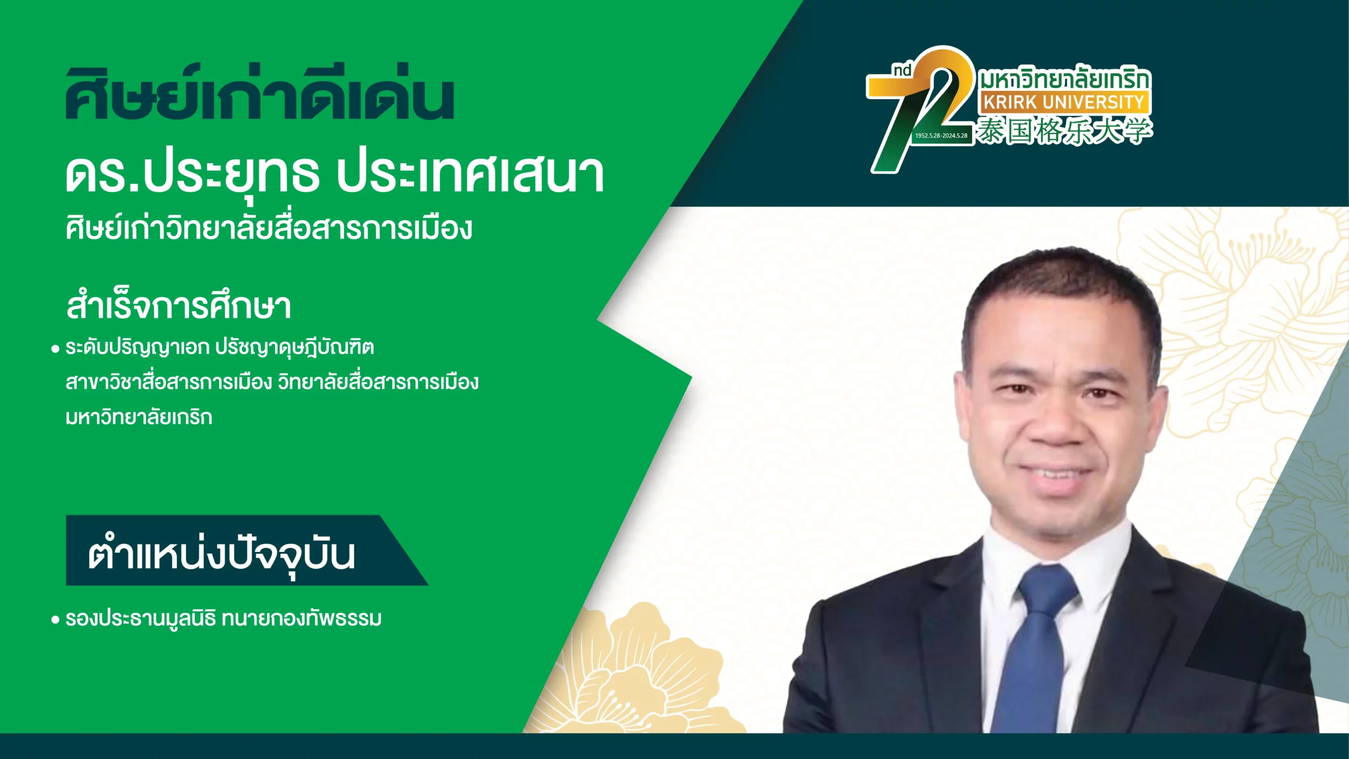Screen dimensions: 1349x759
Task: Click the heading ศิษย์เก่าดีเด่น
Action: point(259,94)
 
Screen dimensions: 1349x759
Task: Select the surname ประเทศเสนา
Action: point(471,175)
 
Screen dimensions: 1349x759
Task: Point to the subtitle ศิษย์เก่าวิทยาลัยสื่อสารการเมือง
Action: point(269,228)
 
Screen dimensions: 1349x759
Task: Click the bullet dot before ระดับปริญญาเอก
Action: point(55,349)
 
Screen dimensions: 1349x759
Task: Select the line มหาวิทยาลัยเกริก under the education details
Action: point(139,416)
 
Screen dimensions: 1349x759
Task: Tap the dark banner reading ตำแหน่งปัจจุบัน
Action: point(247,550)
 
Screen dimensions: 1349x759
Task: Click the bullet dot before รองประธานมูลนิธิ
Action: point(55,620)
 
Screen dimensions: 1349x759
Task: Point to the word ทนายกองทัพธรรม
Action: point(301,618)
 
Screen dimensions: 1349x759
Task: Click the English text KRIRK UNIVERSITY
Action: point(1064,102)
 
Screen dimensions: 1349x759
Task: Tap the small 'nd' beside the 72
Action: point(902,71)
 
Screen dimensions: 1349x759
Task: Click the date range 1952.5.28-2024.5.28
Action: point(941,135)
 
